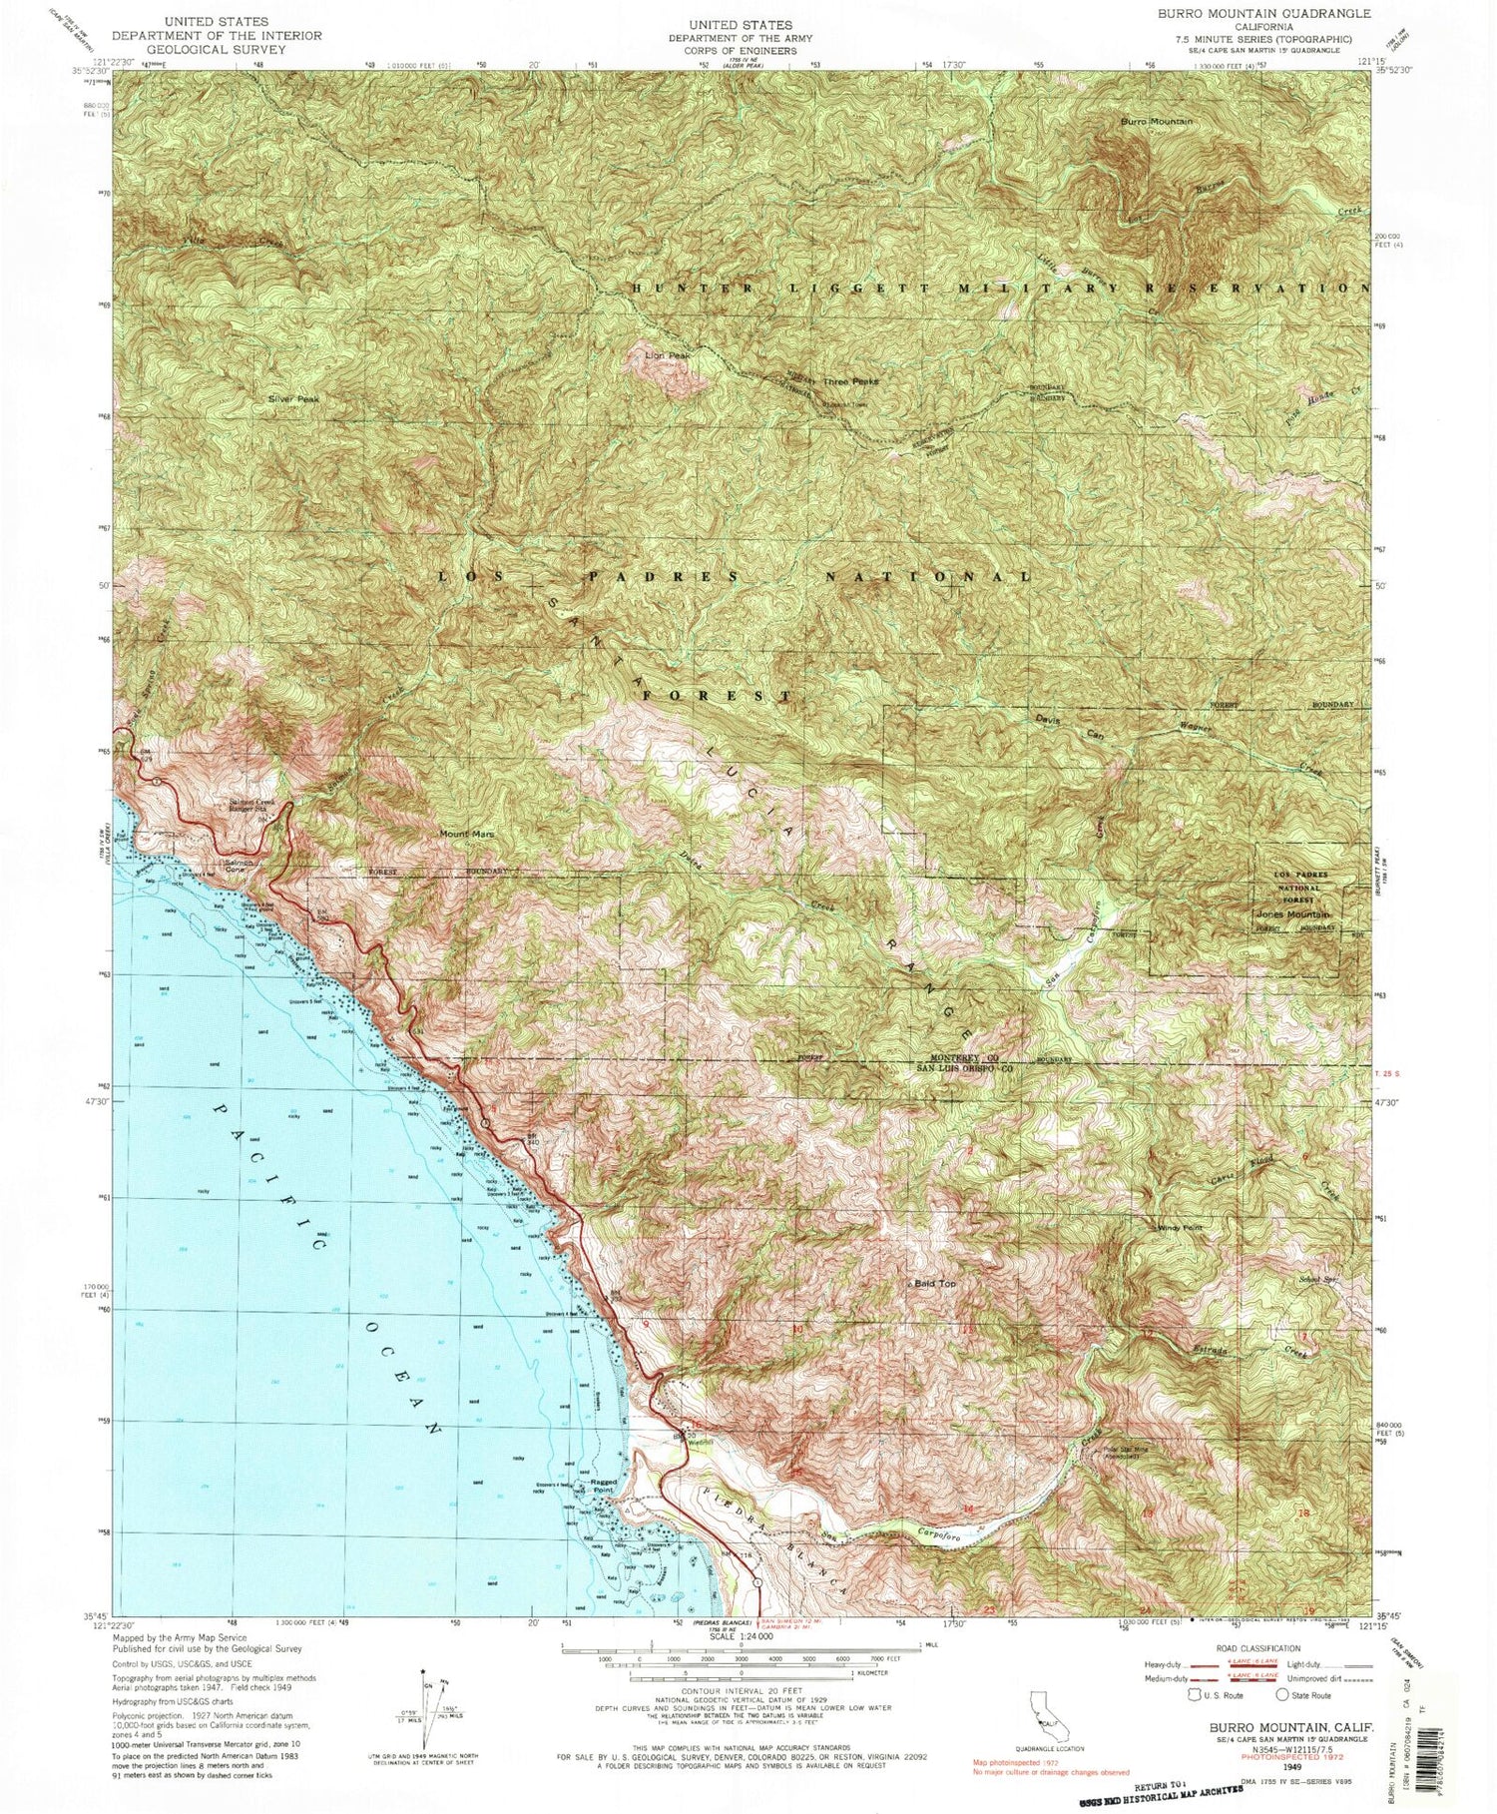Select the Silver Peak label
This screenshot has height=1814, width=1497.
(292, 398)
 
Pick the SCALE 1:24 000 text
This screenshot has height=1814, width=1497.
(733, 1636)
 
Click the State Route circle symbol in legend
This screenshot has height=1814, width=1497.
(1282, 1695)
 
